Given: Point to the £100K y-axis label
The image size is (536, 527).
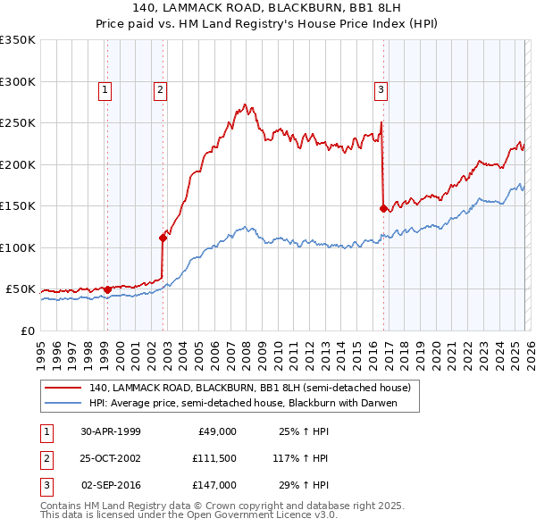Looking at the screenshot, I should point(18,247).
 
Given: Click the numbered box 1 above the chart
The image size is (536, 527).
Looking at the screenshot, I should point(105,89).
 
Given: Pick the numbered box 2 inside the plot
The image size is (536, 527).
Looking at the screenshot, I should point(159,89).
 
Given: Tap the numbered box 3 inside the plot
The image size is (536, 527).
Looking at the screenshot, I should point(381,89).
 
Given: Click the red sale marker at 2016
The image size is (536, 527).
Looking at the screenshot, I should point(383,208).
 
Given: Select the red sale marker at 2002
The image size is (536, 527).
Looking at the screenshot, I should point(163,238).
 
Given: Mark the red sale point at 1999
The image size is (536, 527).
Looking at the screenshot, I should point(108,289).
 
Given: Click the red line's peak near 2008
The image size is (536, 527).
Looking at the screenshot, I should point(245,105).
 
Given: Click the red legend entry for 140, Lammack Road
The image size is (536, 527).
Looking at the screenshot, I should point(249,388).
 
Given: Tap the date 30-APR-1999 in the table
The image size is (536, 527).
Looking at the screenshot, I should point(111,431).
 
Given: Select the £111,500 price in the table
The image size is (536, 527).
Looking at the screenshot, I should point(214,458).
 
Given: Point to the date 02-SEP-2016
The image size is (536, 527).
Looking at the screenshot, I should point(111,485).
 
